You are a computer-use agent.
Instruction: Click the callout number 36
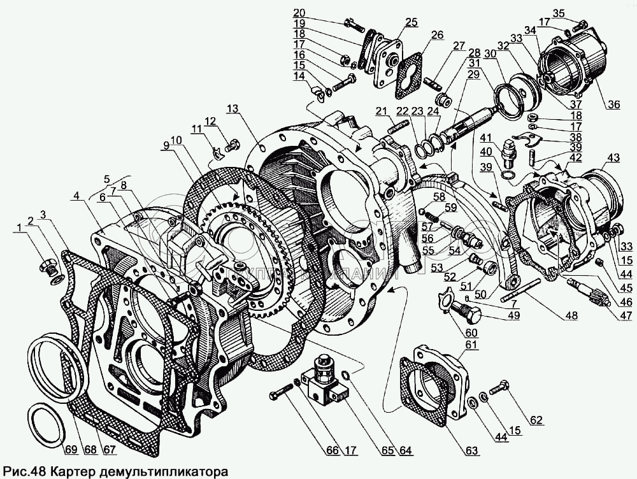coord(613,105)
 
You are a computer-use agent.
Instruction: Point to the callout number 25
coord(411,23)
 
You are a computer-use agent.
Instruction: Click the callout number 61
coord(470,345)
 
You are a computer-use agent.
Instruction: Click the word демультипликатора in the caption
coord(161,472)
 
